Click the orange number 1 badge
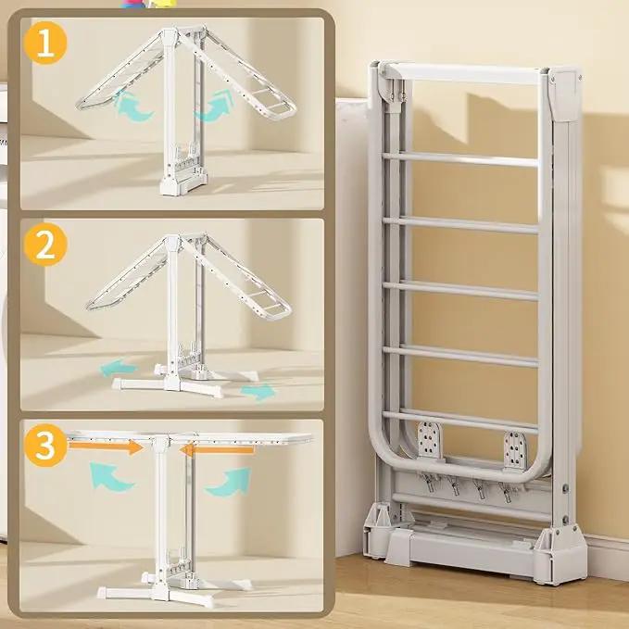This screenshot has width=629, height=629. tap(44, 43)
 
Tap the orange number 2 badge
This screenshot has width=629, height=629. tap(44, 245)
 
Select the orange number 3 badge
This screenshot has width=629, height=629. tap(44, 446)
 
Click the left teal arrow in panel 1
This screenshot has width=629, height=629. tap(132, 107)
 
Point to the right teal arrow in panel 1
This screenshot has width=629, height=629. tap(216, 106)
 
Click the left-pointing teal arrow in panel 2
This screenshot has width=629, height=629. tap(119, 368)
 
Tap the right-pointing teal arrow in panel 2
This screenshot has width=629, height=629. tap(258, 392)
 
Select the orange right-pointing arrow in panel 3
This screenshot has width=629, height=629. tap(106, 447)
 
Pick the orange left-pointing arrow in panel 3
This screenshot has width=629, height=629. tap(217, 449)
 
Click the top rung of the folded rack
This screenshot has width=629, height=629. tap(460, 159)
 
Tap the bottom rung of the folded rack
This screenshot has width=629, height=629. tap(460, 421)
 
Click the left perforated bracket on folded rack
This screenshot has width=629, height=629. tap(429, 440)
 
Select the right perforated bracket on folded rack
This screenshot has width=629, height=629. tap(515, 449)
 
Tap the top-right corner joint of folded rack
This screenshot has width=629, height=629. tap(565, 94)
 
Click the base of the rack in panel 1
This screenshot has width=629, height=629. tap(183, 182)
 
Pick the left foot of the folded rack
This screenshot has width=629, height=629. tap(376, 532)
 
